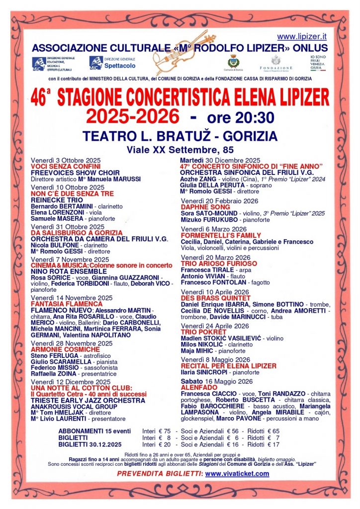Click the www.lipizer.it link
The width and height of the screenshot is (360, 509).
(x=302, y=36)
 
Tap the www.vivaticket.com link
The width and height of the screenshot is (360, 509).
(x=237, y=474)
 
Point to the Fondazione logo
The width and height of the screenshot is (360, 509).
(x=276, y=64)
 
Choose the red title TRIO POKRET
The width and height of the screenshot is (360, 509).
(x=202, y=332)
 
